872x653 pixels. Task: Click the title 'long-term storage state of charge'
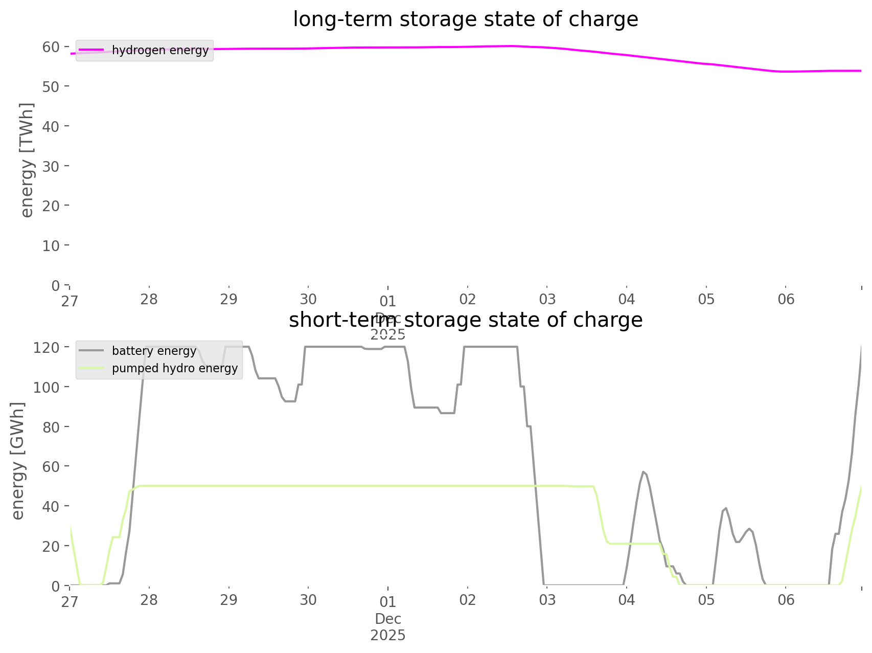coord(465,19)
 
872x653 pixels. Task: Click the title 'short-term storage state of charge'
coord(465,320)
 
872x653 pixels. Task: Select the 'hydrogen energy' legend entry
coord(160,50)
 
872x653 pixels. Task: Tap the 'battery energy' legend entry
coord(154,351)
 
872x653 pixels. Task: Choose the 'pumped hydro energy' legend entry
coord(175,368)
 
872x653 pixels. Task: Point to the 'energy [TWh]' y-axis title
coord(27,160)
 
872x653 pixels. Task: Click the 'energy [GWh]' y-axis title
coord(18,461)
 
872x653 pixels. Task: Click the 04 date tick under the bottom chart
coord(627,600)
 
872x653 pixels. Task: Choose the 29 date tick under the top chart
coord(229,299)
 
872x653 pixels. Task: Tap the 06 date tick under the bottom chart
coord(786,600)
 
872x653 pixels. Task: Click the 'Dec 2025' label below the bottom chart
coord(388,627)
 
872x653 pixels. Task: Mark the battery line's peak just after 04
coord(644,471)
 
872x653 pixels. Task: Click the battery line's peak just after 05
coord(726,508)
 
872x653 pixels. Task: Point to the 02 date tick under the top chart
coord(468,299)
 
